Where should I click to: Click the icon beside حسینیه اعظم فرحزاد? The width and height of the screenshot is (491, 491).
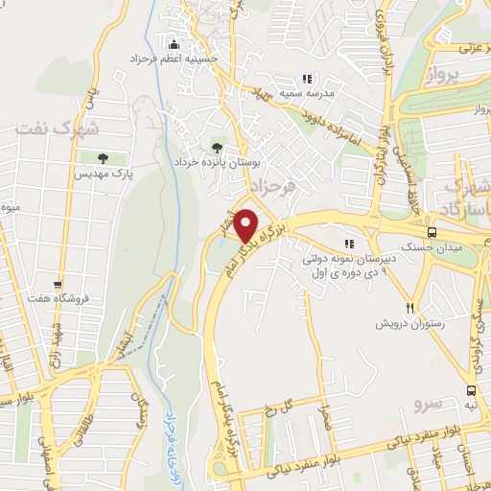coord(174,44)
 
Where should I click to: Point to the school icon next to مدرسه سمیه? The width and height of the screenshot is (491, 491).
coord(307,79)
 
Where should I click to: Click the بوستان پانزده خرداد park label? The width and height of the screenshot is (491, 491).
coord(220,164)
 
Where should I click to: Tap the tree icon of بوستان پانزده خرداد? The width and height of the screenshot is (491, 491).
coord(218,148)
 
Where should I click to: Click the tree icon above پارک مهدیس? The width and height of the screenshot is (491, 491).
coord(103,157)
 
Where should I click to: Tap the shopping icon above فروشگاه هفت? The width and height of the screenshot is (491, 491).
coord(58,284)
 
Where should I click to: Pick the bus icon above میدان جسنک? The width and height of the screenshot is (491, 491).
coord(433,233)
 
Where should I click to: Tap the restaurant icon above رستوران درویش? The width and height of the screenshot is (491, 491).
coord(409,308)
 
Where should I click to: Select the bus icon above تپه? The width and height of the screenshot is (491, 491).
coord(471,390)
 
